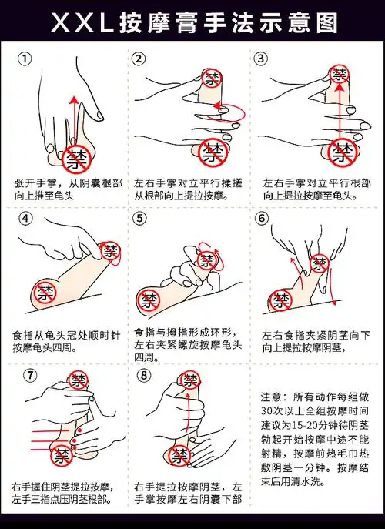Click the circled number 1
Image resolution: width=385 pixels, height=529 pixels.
coord(25,59)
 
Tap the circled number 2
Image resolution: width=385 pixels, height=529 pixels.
coord(139,59)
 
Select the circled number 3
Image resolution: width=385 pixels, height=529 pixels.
coord(262,59)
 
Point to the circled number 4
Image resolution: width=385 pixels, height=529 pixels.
coord(25,218)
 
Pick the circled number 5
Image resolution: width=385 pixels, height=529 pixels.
coord(139,218)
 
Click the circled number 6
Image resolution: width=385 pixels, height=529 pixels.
coord(262,218)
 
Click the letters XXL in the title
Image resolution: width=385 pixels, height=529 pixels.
coord(82,22)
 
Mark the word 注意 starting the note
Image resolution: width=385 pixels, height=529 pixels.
coord(272,398)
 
